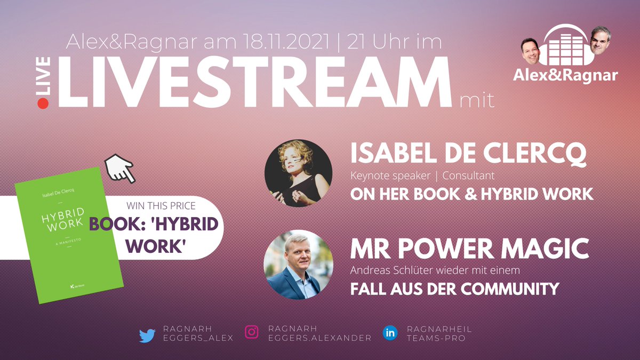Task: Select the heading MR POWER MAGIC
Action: click(x=469, y=249)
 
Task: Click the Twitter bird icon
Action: click(x=147, y=335)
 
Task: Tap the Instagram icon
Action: click(x=251, y=333)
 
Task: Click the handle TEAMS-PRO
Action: click(x=432, y=338)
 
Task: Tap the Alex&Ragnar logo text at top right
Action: click(x=566, y=75)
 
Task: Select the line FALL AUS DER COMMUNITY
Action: click(x=454, y=290)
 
